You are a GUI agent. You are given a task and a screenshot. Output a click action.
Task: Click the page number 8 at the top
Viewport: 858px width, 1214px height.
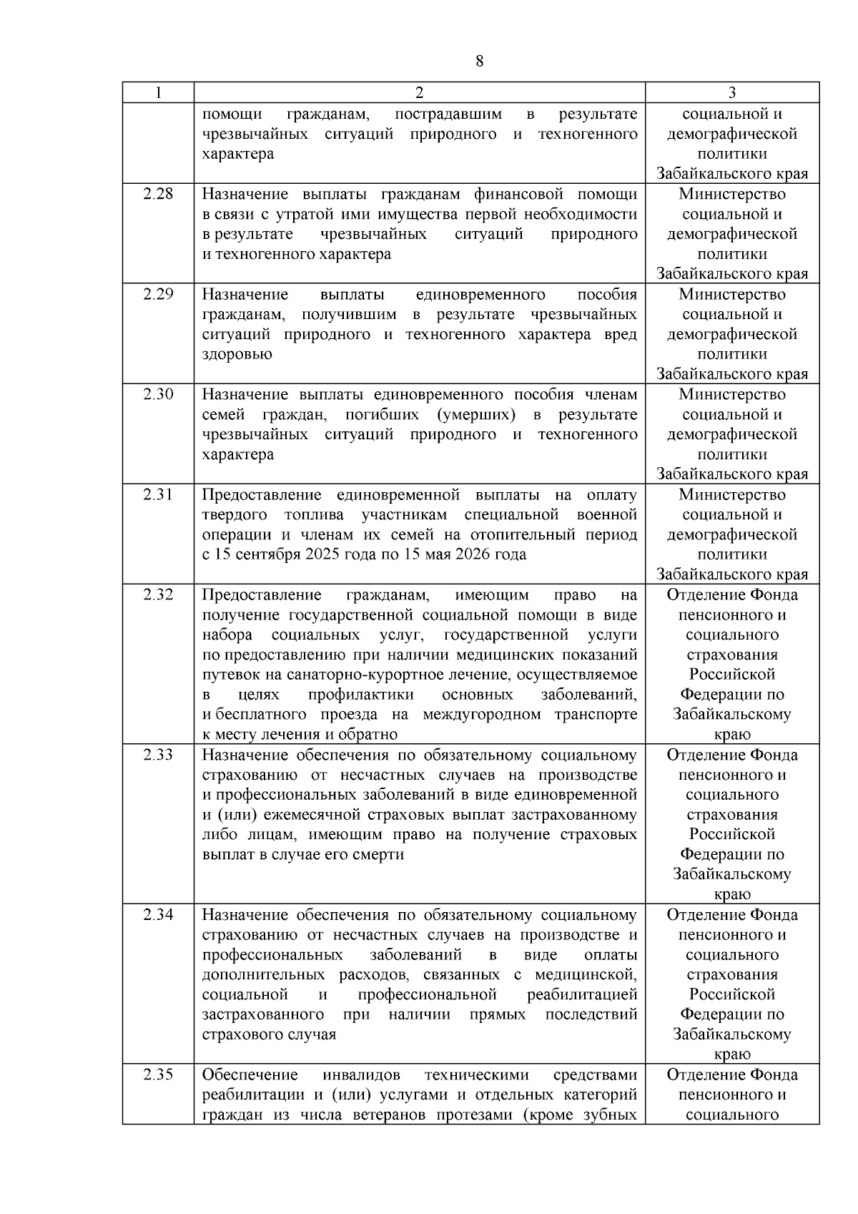479,62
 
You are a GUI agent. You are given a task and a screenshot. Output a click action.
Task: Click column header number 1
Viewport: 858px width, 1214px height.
158,92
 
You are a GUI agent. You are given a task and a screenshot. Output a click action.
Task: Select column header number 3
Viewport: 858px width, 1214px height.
732,92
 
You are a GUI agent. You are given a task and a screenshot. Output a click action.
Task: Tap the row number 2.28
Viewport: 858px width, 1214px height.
158,194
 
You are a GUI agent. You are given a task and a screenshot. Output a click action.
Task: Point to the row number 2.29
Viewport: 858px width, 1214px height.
158,294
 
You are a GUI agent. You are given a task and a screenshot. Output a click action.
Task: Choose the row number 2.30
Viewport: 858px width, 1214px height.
158,394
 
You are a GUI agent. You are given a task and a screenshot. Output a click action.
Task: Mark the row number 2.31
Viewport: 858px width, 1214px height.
158,494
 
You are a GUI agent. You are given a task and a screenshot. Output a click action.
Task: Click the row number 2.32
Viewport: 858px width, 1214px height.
158,594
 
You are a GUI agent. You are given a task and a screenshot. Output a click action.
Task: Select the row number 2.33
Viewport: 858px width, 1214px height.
158,755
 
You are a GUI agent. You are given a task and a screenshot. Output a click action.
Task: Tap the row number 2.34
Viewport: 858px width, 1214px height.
158,915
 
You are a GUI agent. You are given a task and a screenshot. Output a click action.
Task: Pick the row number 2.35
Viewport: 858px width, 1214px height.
158,1075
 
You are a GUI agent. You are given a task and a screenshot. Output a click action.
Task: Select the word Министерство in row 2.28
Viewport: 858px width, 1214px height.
732,194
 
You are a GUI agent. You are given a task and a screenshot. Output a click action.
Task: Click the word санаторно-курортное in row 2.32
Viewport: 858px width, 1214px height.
399,675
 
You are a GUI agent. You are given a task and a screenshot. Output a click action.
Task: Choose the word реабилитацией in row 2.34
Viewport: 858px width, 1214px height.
581,994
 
